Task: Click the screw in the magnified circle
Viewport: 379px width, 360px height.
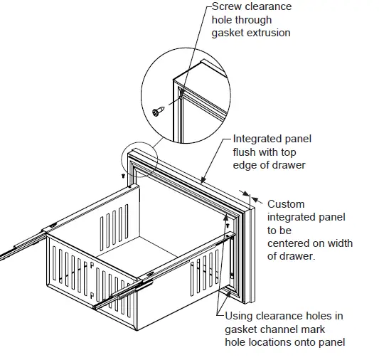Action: click(x=158, y=110)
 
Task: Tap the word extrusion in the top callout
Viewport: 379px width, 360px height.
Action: click(x=269, y=33)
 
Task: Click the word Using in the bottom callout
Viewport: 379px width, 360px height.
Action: click(x=240, y=317)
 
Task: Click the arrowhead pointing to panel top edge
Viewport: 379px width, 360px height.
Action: click(x=206, y=179)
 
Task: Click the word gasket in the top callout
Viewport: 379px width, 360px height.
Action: click(x=228, y=33)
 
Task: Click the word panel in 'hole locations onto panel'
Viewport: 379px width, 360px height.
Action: click(x=331, y=342)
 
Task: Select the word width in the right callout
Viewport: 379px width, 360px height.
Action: click(x=338, y=243)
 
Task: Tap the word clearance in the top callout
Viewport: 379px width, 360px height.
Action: click(x=267, y=7)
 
